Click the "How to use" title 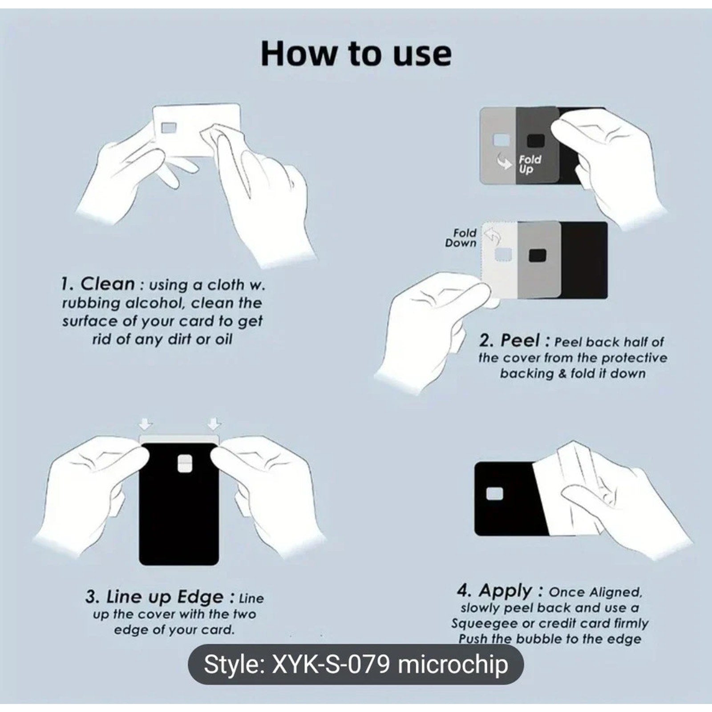click(356, 53)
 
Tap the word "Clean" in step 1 click(108, 284)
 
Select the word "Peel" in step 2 click(520, 341)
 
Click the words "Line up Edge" click(165, 597)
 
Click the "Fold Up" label click(530, 164)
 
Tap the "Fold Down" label click(461, 238)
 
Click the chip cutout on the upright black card click(184, 463)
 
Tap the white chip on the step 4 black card click(495, 494)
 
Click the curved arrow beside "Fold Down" click(492, 236)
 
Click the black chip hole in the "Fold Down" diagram click(538, 255)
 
